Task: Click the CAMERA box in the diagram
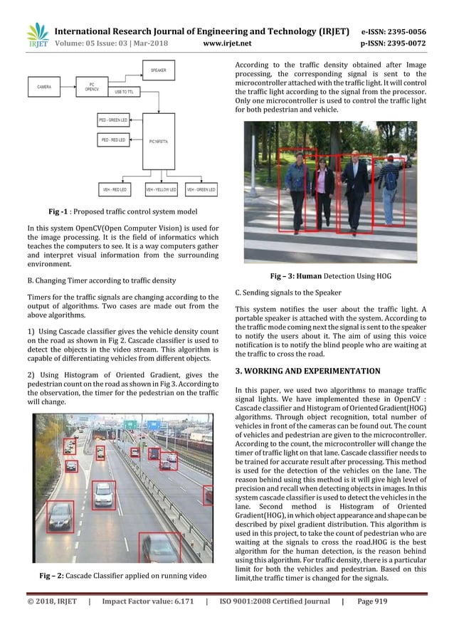point(44,88)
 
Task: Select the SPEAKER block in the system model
point(158,70)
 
